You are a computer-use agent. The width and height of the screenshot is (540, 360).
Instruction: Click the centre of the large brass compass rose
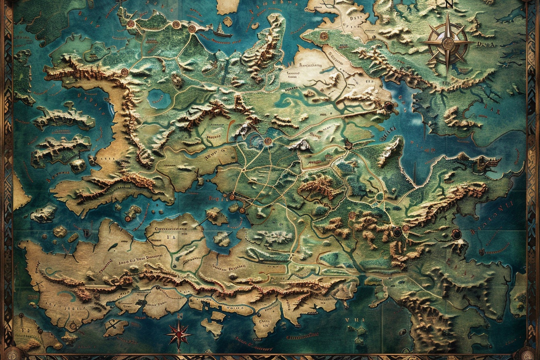(x=448, y=43)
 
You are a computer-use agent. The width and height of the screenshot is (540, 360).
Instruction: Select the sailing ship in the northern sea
(x=222, y=31)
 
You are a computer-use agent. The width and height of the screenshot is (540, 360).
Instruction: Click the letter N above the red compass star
(x=179, y=316)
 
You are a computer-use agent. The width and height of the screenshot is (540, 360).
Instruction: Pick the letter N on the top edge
(x=449, y=4)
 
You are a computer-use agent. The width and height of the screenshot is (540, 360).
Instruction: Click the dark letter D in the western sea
(x=85, y=232)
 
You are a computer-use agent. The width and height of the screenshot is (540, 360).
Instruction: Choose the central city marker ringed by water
(x=268, y=141)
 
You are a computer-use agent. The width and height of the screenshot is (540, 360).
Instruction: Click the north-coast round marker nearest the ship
(x=192, y=29)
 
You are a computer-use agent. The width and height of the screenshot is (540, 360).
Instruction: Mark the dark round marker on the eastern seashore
(x=456, y=233)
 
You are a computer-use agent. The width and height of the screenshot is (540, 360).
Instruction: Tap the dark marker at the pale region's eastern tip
(x=389, y=106)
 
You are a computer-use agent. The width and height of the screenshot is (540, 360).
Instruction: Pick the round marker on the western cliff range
(x=125, y=72)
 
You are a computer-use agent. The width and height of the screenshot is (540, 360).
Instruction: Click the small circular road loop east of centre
(x=379, y=196)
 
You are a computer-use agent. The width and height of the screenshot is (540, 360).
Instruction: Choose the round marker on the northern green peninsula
(x=324, y=36)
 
